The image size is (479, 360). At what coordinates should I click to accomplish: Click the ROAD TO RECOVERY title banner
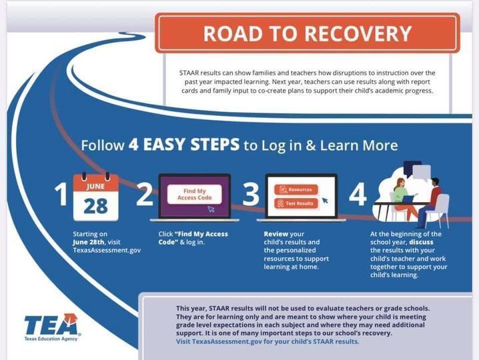click(308, 33)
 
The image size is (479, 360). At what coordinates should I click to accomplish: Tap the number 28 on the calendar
click(95, 206)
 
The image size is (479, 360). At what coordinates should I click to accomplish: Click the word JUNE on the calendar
click(95, 186)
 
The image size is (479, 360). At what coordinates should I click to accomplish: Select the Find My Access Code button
click(195, 194)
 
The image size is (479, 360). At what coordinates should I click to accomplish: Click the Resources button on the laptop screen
click(296, 189)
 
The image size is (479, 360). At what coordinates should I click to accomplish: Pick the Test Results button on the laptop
click(296, 203)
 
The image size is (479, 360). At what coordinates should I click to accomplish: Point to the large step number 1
click(61, 194)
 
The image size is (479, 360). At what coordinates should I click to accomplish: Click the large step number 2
click(145, 194)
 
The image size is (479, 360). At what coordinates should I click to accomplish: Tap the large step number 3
click(251, 194)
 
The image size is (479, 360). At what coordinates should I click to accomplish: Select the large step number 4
click(358, 194)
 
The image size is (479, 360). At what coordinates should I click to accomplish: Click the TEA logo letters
click(51, 324)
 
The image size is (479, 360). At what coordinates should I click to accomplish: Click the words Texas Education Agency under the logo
click(51, 339)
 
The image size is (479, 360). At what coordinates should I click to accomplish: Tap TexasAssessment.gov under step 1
click(107, 251)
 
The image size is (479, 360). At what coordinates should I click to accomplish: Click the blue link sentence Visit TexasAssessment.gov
click(268, 341)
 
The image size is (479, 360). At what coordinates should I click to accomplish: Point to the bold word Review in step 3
click(276, 234)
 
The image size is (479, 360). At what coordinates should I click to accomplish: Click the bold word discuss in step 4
click(421, 242)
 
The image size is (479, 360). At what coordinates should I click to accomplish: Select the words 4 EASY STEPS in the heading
click(184, 145)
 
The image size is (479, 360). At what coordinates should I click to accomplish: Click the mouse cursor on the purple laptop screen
click(211, 209)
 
